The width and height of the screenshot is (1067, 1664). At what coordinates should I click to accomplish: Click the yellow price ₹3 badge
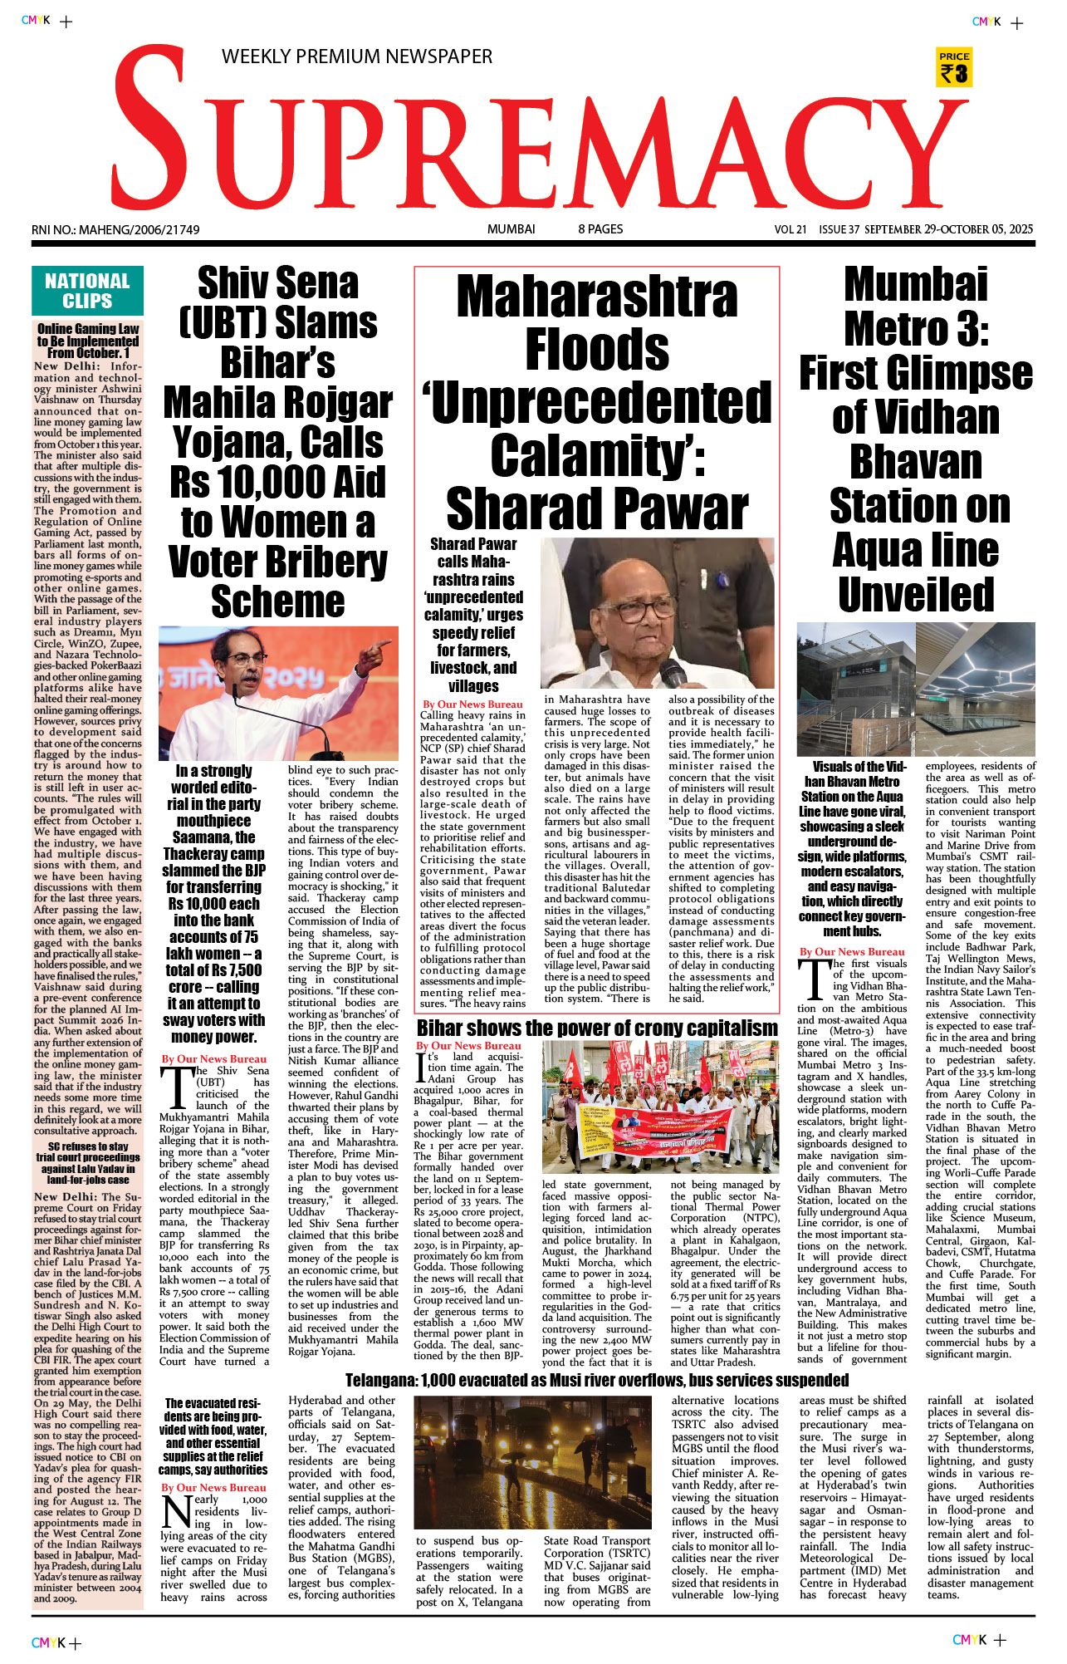click(x=954, y=67)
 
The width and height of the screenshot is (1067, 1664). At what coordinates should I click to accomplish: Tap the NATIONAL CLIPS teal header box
click(x=87, y=291)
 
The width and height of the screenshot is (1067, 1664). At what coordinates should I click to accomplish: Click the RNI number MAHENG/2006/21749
click(x=115, y=230)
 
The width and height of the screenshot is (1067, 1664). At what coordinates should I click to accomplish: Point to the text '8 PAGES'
click(x=600, y=229)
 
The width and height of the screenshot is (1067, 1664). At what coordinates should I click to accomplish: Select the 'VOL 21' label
click(x=790, y=230)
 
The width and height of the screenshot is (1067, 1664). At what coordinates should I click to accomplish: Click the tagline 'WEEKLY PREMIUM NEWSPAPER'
click(x=357, y=56)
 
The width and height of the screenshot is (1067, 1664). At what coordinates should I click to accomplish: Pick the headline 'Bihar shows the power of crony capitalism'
click(x=597, y=1028)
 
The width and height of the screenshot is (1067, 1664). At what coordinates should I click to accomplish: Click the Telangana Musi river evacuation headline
click(x=596, y=1380)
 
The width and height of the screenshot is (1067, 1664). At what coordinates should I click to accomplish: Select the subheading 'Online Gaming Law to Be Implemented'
click(x=88, y=341)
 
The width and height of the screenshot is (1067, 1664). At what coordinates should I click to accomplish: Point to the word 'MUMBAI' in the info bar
click(x=511, y=229)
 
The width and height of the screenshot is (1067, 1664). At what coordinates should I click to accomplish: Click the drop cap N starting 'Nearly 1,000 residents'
click(x=176, y=1512)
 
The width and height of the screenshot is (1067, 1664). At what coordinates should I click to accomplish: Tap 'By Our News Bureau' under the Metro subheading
click(x=852, y=952)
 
